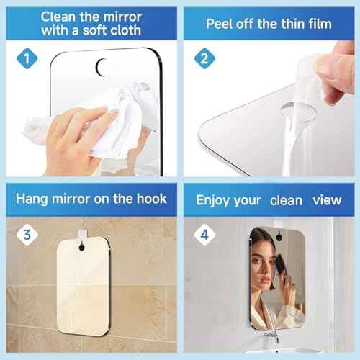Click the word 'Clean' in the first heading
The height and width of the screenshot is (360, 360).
click(63, 15)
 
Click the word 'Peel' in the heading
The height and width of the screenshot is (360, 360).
click(221, 24)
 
